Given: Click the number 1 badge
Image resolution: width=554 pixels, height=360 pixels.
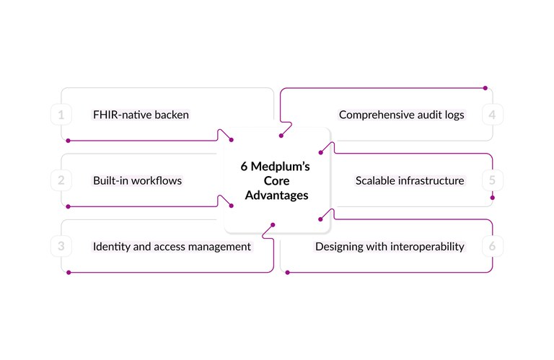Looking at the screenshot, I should (61, 115).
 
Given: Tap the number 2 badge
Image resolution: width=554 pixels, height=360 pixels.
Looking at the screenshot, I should (61, 180).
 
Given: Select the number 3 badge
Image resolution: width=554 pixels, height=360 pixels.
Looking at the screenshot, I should (61, 247).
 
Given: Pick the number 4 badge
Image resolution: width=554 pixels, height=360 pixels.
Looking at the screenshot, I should (492, 115).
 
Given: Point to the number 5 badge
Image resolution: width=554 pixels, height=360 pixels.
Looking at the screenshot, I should (492, 180).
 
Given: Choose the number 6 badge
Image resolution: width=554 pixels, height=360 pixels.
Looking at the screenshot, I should (492, 247).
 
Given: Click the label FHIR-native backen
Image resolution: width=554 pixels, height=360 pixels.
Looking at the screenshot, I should (141, 115).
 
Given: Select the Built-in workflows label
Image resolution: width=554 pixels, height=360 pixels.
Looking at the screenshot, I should (137, 180).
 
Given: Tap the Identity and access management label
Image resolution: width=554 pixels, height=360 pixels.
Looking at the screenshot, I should (172, 247).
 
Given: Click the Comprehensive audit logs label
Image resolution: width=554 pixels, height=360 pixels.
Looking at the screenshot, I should (401, 115).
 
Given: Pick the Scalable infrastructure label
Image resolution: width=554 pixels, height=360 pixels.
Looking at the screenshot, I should (410, 180).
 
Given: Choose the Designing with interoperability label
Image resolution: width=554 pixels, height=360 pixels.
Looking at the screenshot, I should (390, 247).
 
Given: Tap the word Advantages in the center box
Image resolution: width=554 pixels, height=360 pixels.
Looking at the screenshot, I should (276, 196).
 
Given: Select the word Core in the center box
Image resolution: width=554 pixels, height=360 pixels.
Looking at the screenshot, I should (276, 181).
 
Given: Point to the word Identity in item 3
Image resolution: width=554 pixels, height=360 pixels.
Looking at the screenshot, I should (112, 247).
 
